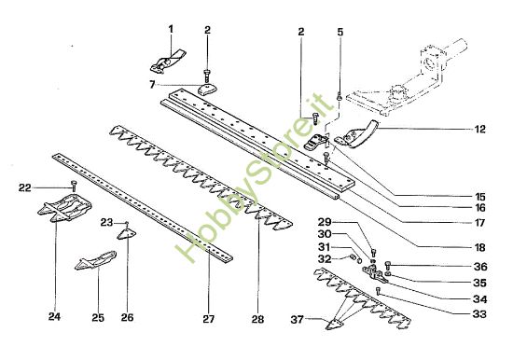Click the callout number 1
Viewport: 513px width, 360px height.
(171, 29)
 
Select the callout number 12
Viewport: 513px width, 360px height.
(480, 129)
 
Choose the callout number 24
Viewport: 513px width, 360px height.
(53, 317)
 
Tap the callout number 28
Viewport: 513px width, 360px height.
(257, 318)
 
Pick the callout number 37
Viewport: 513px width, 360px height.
(298, 322)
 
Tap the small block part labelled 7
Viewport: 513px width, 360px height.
(205, 90)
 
